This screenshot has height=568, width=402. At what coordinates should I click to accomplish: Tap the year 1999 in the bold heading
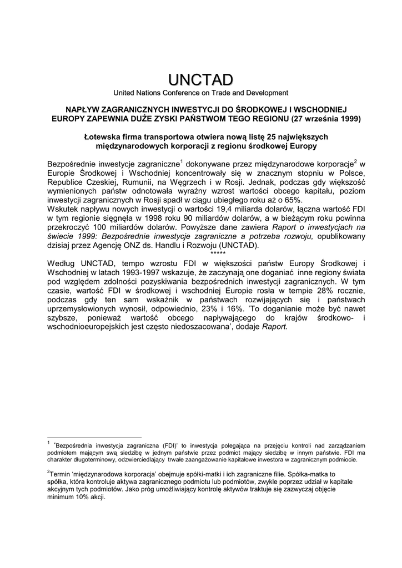[x=348, y=119]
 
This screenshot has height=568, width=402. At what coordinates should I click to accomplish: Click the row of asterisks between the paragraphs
[x=218, y=251]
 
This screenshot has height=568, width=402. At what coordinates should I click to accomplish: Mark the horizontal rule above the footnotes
[x=95, y=437]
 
